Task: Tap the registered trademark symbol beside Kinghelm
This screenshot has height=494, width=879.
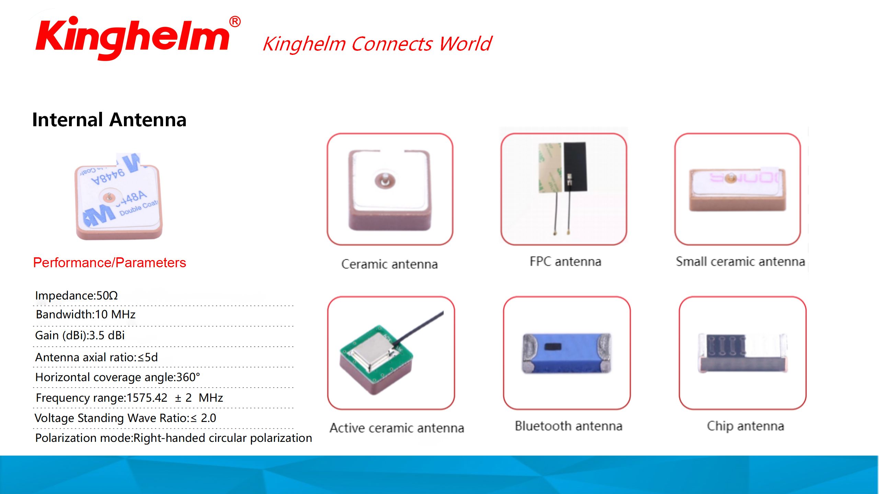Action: [x=235, y=22]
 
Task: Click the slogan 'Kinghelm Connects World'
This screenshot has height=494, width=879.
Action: [x=377, y=44]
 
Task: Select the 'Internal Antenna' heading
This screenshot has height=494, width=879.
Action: [x=109, y=120]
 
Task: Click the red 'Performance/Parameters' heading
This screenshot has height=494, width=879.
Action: [x=110, y=262]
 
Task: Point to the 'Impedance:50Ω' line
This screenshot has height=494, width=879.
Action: [x=76, y=295]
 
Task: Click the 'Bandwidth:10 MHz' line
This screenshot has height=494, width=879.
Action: [x=85, y=314]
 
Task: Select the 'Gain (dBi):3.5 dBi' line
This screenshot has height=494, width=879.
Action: [x=80, y=335]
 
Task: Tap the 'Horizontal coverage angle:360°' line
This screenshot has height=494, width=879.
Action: [x=117, y=377]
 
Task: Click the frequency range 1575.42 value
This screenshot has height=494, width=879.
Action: [x=147, y=398]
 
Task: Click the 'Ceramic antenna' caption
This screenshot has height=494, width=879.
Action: [x=389, y=264]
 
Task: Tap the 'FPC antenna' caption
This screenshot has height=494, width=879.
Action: [x=565, y=261]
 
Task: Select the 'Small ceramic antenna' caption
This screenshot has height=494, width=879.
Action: [x=740, y=261]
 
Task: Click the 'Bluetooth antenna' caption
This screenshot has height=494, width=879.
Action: [x=568, y=426]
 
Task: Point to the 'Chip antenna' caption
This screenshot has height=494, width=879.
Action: [x=745, y=426]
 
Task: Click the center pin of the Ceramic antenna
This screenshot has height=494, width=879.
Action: [x=385, y=180]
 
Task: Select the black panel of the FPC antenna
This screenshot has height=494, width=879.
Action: [x=575, y=167]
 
